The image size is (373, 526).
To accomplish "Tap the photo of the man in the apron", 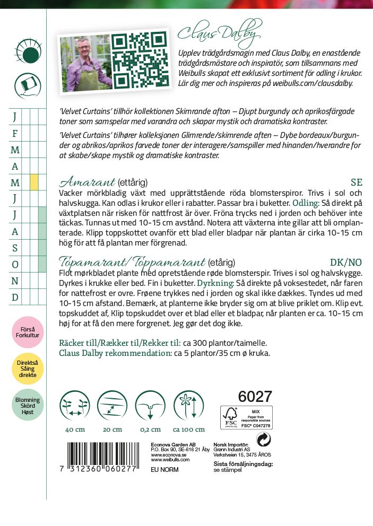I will pos(85,63).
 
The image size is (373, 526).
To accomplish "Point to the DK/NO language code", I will pos(346,262).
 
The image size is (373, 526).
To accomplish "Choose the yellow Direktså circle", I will pos(28,369).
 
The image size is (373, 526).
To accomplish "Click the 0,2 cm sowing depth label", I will pos(150,429).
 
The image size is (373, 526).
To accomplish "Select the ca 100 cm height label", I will pos(188,429).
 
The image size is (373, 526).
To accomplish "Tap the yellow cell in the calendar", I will pos(34,182).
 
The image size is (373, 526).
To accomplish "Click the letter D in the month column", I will pos(15,297).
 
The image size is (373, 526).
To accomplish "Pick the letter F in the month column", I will pos(15,133).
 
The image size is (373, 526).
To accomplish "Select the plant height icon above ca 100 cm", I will pos(188,406).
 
